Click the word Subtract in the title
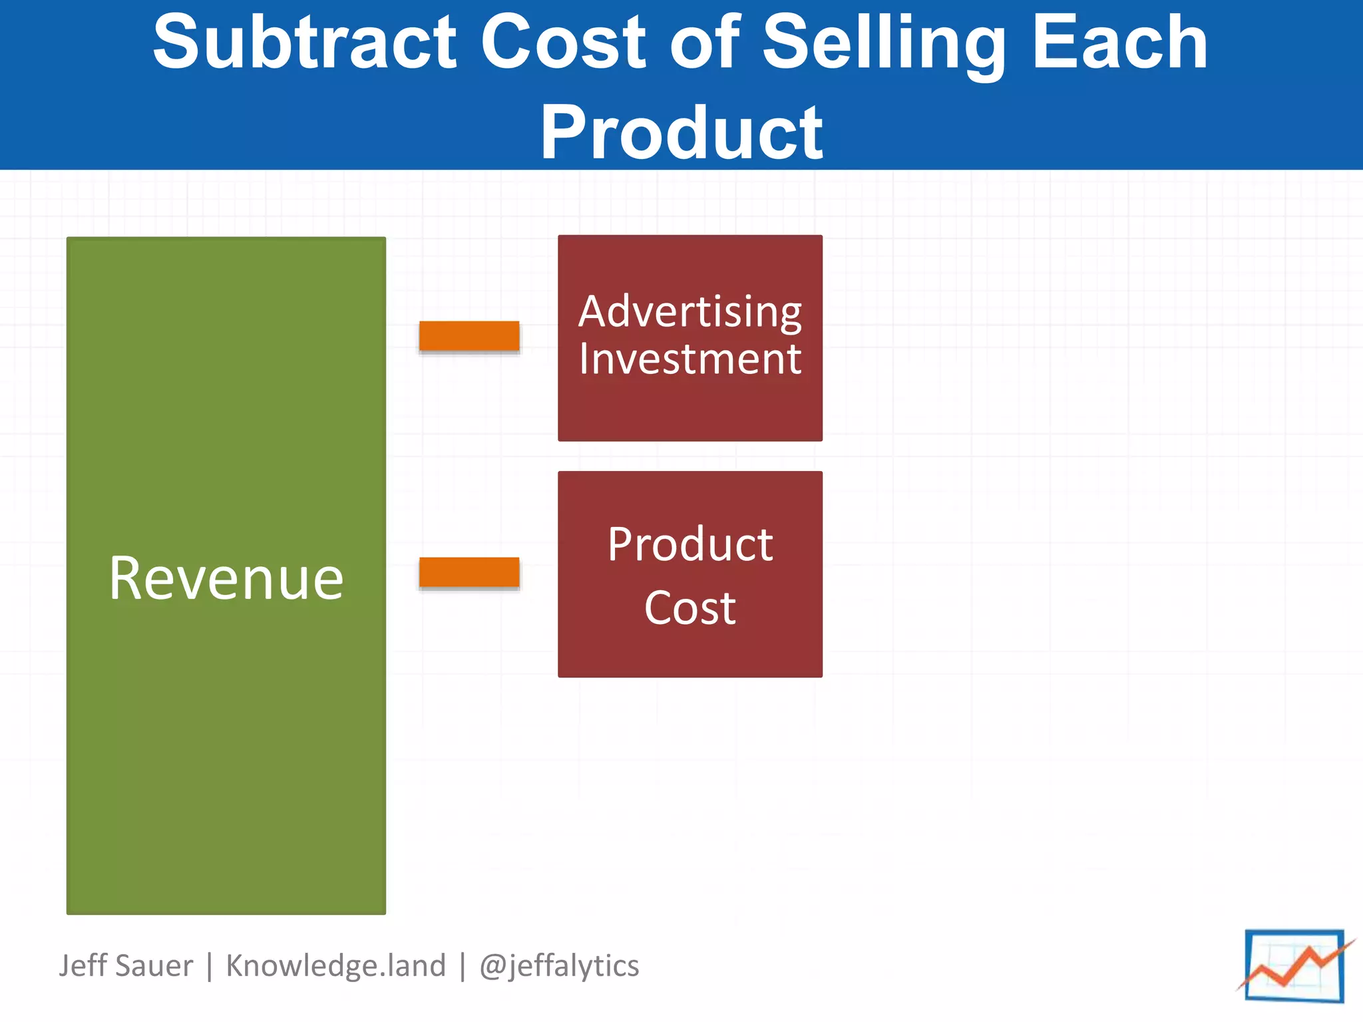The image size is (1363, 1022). pyautogui.click(x=304, y=43)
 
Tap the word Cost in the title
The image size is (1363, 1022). pyautogui.click(x=562, y=43)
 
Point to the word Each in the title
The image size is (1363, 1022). pyautogui.click(x=1120, y=43)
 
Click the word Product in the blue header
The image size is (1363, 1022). pyautogui.click(x=681, y=133)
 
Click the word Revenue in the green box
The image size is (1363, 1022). pyautogui.click(x=226, y=578)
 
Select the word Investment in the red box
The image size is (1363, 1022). pyautogui.click(x=690, y=359)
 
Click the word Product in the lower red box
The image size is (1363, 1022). pyautogui.click(x=690, y=544)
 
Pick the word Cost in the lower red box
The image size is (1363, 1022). pyautogui.click(x=690, y=607)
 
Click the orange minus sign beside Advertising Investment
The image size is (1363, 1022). pyautogui.click(x=469, y=336)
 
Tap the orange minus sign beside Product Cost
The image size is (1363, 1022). pyautogui.click(x=469, y=572)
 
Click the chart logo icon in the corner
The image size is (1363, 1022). pyautogui.click(x=1294, y=966)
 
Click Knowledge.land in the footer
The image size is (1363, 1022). pyautogui.click(x=335, y=965)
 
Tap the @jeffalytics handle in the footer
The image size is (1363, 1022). pyautogui.click(x=559, y=966)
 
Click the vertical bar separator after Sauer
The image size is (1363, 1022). pyautogui.click(x=210, y=967)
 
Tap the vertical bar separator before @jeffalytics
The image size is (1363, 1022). pyautogui.click(x=463, y=967)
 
